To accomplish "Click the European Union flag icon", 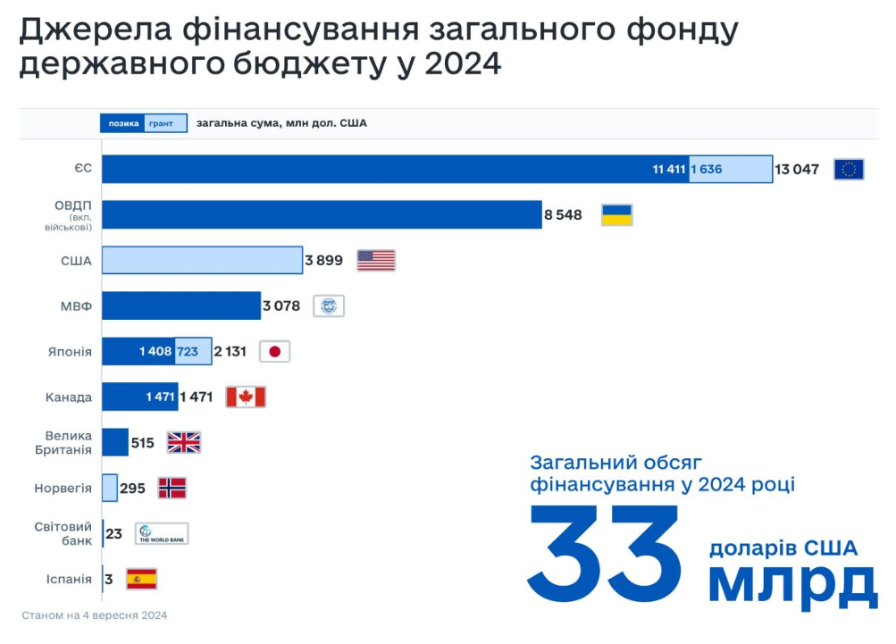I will tap(849, 169).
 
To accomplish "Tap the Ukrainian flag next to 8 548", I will tap(616, 214).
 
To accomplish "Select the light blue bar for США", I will tap(202, 260).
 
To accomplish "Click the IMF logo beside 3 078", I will tap(329, 306).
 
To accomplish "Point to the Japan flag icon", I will tap(274, 352).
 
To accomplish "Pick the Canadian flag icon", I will tap(246, 397).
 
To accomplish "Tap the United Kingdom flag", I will tap(184, 442).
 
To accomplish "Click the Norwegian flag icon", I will tap(172, 488).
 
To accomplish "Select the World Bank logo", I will tap(162, 533).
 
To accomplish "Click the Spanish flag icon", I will tap(141, 579).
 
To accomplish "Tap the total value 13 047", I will tap(797, 169).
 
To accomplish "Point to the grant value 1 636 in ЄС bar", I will tap(706, 169).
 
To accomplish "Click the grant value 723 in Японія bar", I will tap(188, 352).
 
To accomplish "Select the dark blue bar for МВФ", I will tap(180, 305).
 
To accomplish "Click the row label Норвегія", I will tap(63, 489).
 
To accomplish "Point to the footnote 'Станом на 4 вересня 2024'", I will tap(95, 615).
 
